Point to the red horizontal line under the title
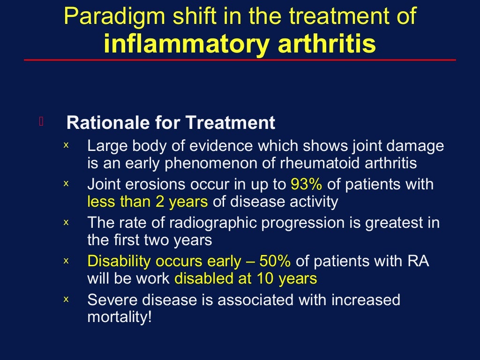pos(240,60)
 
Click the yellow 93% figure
pos(306,184)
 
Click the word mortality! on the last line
pos(120,317)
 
